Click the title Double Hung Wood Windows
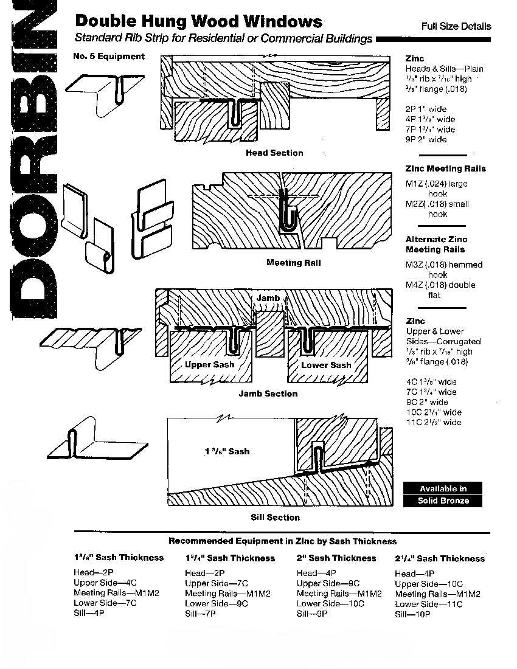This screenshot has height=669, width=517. pyautogui.click(x=198, y=22)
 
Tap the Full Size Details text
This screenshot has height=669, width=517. pyautogui.click(x=456, y=26)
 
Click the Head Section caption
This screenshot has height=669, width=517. pyautogui.click(x=274, y=153)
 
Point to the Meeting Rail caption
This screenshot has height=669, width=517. pyautogui.click(x=293, y=263)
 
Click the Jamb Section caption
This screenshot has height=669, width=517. pyautogui.click(x=268, y=393)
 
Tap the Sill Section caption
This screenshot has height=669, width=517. pyautogui.click(x=276, y=518)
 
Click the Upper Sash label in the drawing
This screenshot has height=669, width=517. pyautogui.click(x=210, y=365)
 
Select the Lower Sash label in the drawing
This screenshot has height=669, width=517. pyautogui.click(x=326, y=365)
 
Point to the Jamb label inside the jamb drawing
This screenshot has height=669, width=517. pyautogui.click(x=268, y=298)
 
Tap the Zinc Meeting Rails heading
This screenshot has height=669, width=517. pyautogui.click(x=446, y=168)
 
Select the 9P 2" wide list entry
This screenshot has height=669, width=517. pyautogui.click(x=426, y=139)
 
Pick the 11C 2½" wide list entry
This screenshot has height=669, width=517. pyautogui.click(x=434, y=422)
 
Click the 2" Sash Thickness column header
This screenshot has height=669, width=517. pyautogui.click(x=336, y=558)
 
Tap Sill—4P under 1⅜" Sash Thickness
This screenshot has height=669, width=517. pyautogui.click(x=89, y=614)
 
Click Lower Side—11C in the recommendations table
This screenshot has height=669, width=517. pyautogui.click(x=429, y=604)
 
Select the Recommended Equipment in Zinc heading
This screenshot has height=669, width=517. pyautogui.click(x=282, y=541)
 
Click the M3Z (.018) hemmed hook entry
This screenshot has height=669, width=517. pyautogui.click(x=444, y=269)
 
